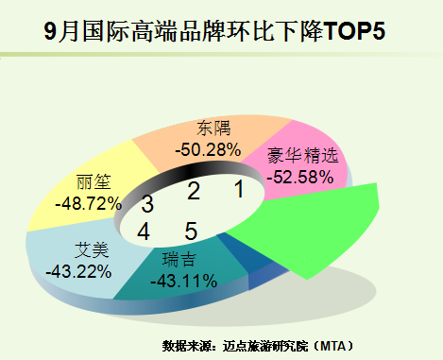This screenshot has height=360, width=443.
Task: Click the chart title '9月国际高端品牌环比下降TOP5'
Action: [x=214, y=32]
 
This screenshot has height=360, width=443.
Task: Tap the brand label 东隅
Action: [x=213, y=129]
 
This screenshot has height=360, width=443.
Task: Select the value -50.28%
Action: [x=208, y=150]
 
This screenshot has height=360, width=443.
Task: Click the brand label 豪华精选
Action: [x=302, y=155]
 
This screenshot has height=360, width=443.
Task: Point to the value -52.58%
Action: [x=300, y=177]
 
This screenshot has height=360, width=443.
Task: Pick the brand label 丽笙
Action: [x=94, y=182]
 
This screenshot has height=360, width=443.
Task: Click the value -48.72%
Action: [x=89, y=204]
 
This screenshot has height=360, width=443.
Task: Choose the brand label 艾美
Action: [x=92, y=249]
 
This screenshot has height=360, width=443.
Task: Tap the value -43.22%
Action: [x=78, y=271]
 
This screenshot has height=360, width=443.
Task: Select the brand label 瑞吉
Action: [x=179, y=260]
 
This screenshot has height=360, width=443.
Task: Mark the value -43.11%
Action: [x=184, y=281]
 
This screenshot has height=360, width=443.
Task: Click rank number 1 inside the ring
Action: [x=240, y=189]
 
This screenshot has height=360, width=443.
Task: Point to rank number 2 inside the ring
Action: [x=194, y=191]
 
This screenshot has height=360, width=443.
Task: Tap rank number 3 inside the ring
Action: [x=147, y=204]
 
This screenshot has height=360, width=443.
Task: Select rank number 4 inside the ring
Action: [x=144, y=231]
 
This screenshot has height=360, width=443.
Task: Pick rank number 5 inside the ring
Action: [x=191, y=231]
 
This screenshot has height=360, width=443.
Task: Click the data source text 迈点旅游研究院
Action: [x=265, y=346]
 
